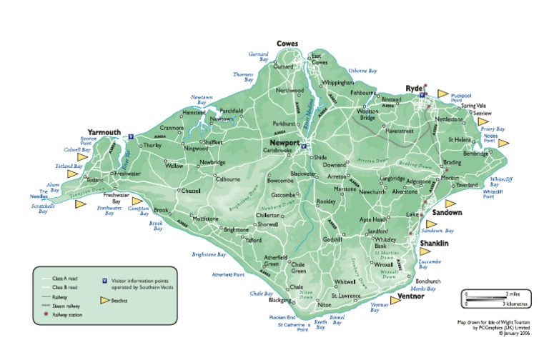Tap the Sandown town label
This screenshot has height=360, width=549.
pos(447,213)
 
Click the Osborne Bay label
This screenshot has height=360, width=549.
pos(362,71)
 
